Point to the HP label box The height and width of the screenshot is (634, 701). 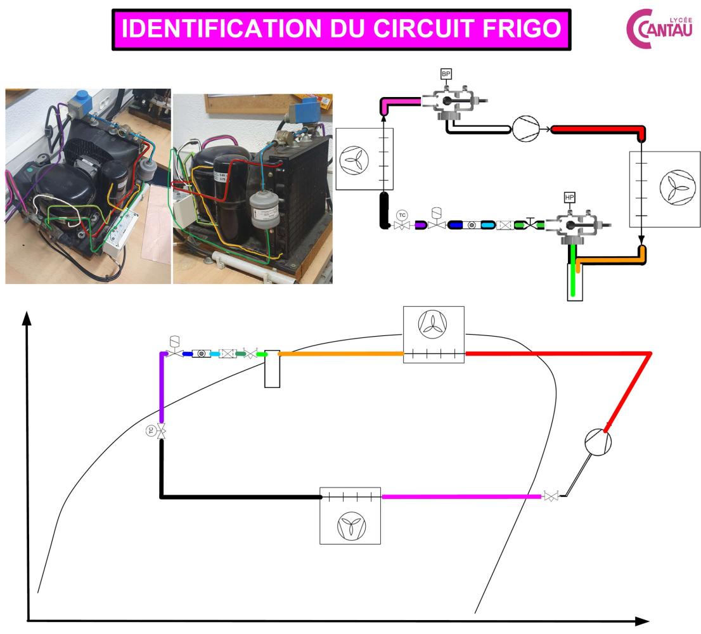pos(569,198)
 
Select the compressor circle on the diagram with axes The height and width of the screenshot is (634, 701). pos(598,441)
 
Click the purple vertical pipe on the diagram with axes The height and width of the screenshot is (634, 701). pos(162,387)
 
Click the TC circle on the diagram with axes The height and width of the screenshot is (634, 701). pos(151,432)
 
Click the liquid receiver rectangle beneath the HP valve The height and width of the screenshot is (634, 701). pos(574,283)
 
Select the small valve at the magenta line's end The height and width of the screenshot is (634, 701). pos(550,497)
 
